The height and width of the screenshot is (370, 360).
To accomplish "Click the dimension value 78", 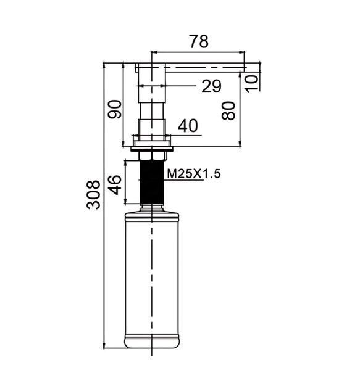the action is [x=199, y=41].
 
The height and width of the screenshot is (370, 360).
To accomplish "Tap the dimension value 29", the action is [x=212, y=86].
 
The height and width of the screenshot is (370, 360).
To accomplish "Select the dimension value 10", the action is [x=251, y=83].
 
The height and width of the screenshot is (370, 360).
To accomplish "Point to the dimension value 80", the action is [x=228, y=110].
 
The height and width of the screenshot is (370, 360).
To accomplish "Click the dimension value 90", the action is [x=115, y=109].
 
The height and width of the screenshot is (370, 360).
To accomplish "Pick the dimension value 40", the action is [x=188, y=126].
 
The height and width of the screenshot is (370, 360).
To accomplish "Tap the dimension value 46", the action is [x=115, y=185].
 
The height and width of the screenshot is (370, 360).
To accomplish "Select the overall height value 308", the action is [x=93, y=195].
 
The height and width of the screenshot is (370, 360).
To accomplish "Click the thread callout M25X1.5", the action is [x=194, y=174].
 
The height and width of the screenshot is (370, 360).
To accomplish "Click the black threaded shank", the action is [x=152, y=182].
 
